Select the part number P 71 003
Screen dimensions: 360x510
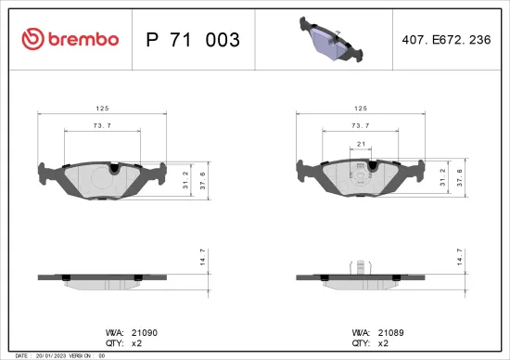(x=194, y=40)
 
